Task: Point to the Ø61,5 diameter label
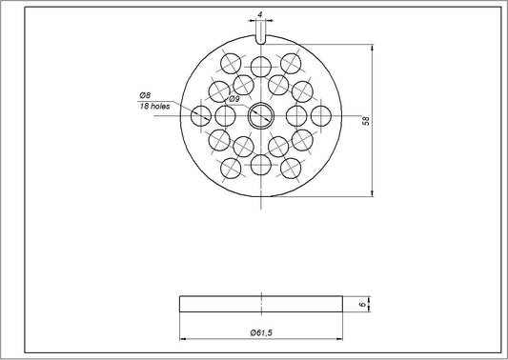point(262,331)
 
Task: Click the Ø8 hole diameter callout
point(144,95)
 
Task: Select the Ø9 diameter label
point(234,98)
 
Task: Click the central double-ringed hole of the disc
point(260,116)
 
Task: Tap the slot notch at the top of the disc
point(260,36)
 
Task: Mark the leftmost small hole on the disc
point(201,116)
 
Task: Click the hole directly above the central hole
point(260,67)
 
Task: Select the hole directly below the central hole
point(260,166)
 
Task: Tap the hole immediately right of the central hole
point(295,116)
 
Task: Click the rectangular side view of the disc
point(260,304)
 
